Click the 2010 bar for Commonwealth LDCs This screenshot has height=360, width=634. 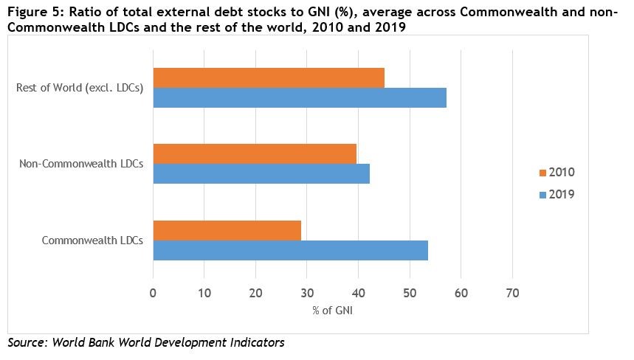click(227, 230)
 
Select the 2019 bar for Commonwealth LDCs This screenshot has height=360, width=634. click(290, 250)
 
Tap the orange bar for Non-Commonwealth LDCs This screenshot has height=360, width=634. click(255, 153)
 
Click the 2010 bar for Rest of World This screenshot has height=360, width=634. click(269, 77)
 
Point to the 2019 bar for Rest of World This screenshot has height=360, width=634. click(300, 97)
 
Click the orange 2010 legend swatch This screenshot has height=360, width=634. click(542, 173)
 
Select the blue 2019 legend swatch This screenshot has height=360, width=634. click(542, 195)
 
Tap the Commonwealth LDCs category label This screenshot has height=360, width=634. click(92, 240)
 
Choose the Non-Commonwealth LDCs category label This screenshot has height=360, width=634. click(81, 164)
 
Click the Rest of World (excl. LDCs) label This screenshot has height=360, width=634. click(80, 88)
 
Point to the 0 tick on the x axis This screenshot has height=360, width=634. click(153, 293)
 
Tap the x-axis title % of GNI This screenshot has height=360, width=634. click(332, 311)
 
